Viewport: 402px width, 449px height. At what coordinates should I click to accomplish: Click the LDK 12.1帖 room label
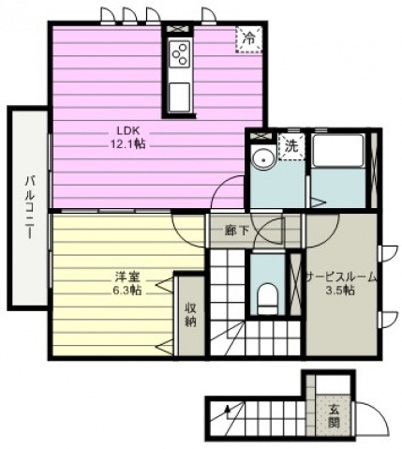coord(128,138)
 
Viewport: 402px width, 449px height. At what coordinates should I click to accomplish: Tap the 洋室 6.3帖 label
coord(128,284)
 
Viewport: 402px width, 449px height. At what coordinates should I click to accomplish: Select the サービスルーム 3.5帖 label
coord(342,283)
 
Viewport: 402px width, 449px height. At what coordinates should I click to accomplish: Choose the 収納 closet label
coord(190,314)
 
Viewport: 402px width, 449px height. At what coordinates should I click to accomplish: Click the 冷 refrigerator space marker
coord(248,38)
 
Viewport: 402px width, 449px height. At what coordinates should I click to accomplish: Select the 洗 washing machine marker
coord(290,146)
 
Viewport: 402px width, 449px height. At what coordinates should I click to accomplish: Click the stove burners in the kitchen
coord(178,56)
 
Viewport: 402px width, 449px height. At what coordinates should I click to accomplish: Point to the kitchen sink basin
coord(178,94)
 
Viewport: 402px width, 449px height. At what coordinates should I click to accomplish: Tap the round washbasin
coord(261,158)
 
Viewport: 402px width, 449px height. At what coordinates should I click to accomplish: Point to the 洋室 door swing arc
coord(187,230)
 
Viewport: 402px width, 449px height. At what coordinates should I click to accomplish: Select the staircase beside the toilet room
coord(227,281)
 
